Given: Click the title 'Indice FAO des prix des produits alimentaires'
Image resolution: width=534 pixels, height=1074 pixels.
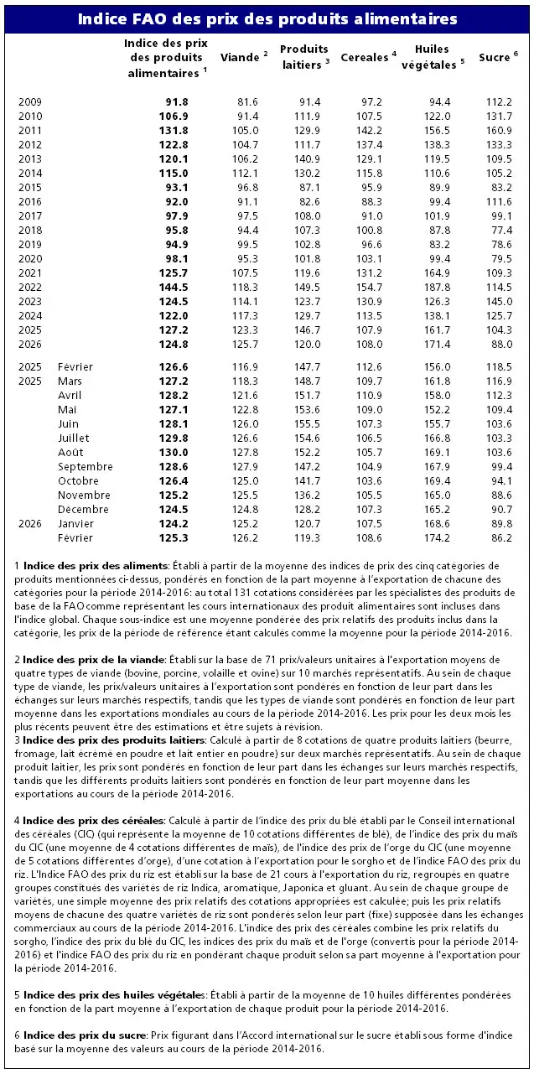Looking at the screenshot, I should [267, 18].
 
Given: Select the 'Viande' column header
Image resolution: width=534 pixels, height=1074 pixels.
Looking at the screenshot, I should [241, 57].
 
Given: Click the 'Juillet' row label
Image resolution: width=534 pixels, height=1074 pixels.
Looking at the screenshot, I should [75, 438].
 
